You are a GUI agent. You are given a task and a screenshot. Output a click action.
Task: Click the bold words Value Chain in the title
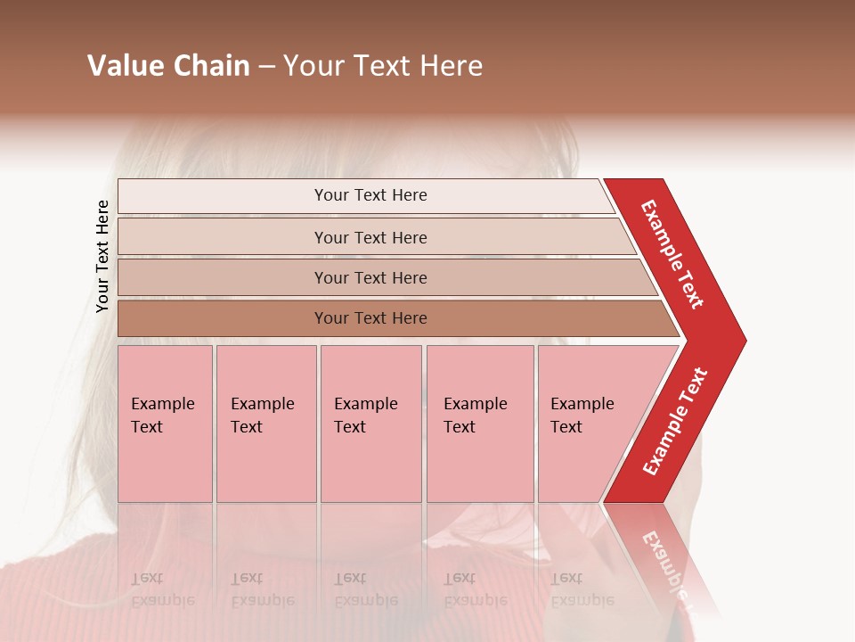pos(168,66)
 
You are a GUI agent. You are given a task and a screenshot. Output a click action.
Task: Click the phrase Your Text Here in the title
pos(383,66)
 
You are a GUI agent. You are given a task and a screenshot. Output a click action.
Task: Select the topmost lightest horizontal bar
pos(223,195)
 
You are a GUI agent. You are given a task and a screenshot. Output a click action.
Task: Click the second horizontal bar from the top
pos(223,237)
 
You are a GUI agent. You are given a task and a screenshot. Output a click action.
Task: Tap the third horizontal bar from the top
pos(223,277)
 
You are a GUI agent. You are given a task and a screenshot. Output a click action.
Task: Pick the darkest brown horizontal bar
pos(223,318)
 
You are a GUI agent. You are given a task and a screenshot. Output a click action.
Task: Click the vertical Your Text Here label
pos(102,256)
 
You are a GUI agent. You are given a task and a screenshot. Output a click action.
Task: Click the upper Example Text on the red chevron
pos(673,253)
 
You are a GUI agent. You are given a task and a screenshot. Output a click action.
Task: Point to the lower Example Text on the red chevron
pos(675,422)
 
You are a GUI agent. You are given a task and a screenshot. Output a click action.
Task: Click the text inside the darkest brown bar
pos(370,318)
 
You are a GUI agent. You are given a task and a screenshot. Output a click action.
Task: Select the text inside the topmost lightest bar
pos(370,195)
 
